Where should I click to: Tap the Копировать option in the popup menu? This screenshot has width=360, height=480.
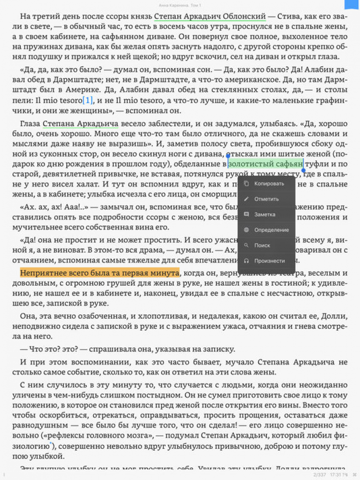coord(269,183)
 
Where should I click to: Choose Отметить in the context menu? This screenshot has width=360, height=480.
coord(266,199)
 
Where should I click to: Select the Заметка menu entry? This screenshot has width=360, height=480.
coord(264,214)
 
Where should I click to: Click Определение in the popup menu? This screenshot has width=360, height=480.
coord(271,230)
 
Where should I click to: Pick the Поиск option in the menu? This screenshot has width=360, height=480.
coord(262,245)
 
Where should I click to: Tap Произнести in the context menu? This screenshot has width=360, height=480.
coord(269,261)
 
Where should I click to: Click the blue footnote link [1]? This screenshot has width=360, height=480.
coord(88,100)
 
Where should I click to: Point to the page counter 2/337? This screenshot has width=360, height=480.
coord(320,475)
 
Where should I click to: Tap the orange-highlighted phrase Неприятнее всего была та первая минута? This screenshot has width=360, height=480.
coord(99,273)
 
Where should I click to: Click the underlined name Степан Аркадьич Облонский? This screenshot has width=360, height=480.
coord(210,17)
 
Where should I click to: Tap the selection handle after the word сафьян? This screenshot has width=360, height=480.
coord(303,169)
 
